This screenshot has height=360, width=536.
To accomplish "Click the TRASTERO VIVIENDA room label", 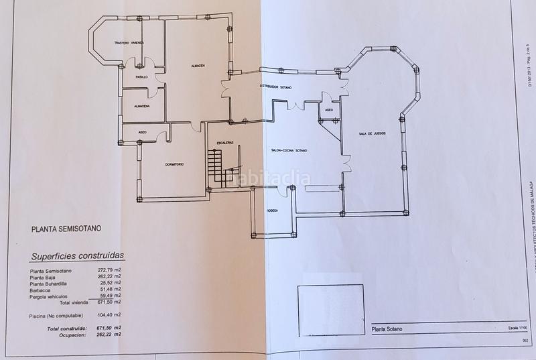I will pos(129,43).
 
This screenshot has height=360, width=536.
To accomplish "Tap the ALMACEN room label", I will pos(197,65).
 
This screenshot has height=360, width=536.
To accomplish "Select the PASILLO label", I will pos(141,77).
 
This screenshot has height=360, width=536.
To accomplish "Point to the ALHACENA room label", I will pos(141,106).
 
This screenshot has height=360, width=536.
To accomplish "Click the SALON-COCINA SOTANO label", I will pos(289,150).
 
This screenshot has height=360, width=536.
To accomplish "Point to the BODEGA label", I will pos(273,210).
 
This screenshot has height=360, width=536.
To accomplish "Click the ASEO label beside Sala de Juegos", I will pos(329,110).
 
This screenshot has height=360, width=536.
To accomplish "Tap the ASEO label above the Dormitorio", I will pos(142,132).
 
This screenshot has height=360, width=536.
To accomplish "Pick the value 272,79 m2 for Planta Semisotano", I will pos(108,271).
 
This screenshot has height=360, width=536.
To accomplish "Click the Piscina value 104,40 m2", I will pos(108,314).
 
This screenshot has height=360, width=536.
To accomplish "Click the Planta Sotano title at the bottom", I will pos(390,329).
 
